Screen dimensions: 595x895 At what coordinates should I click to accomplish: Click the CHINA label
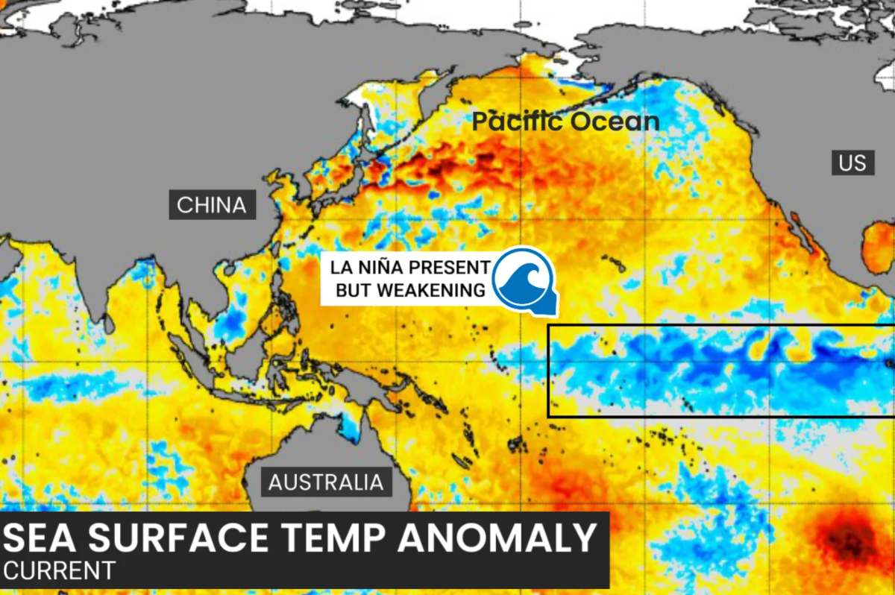(x=212, y=205)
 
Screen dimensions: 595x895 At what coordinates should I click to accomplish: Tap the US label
(x=853, y=162)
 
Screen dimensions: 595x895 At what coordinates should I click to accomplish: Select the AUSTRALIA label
(x=326, y=482)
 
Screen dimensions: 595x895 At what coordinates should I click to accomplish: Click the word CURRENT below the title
(x=60, y=570)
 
